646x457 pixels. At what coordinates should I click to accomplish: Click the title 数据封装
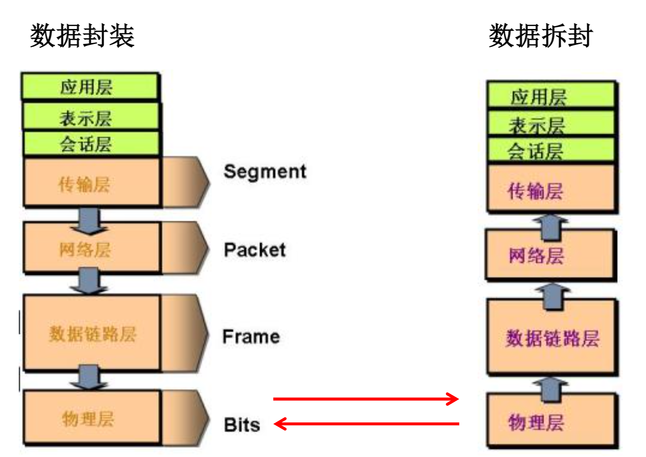82,36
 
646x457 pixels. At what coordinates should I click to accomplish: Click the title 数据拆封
541,36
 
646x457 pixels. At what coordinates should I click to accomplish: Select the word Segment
265,171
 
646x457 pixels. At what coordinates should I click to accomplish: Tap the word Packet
254,250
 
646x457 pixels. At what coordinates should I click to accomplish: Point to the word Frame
251,336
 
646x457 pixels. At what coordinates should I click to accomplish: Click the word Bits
242,425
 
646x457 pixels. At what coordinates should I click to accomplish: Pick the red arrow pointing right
365,399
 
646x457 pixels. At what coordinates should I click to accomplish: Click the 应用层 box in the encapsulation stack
89,87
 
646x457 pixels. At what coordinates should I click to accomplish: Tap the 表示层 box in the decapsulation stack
551,124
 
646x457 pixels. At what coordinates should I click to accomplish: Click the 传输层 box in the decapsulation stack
551,189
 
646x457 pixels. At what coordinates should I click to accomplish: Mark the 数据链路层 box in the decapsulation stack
552,337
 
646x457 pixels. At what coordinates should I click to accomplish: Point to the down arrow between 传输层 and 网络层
89,220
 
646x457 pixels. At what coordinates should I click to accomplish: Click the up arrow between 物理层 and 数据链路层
551,389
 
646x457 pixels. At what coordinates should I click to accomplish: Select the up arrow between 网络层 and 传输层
552,225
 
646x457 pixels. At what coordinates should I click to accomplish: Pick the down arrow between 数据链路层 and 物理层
89,377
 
